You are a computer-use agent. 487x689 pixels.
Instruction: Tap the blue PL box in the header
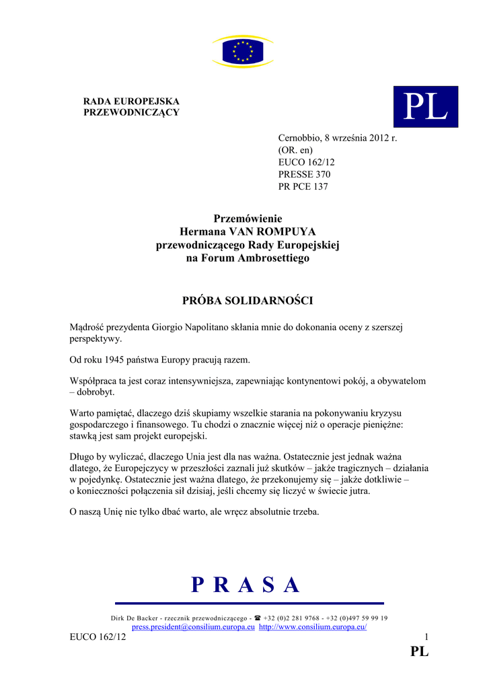click(425, 107)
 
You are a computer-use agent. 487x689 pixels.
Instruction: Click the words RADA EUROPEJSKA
click(131, 101)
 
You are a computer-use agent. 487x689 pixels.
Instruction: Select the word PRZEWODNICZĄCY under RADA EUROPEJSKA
click(131, 112)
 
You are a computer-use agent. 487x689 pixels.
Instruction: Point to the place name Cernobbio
click(299, 138)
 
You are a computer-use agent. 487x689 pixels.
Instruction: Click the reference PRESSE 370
click(304, 174)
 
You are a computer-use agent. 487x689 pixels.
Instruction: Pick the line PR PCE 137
click(303, 186)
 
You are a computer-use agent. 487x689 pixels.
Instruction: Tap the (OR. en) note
click(295, 150)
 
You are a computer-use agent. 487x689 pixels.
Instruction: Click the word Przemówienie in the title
click(248, 219)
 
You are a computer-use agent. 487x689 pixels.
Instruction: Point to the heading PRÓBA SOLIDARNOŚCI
click(248, 300)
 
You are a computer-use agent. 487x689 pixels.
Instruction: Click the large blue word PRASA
click(246, 585)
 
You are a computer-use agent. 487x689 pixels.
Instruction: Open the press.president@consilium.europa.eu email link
click(193, 627)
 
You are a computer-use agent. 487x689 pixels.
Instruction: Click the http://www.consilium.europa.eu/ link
click(313, 627)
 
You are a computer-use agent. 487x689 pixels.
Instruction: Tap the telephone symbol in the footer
click(257, 618)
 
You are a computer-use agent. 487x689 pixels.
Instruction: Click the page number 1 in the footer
click(426, 637)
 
